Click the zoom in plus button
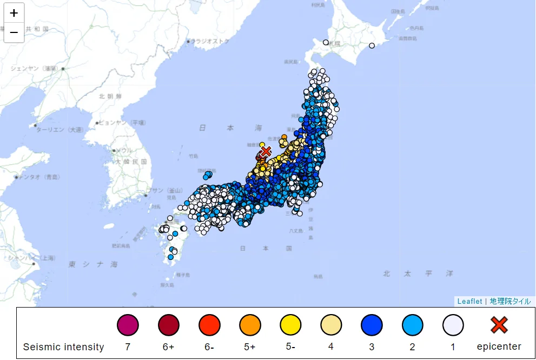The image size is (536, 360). click(14, 13)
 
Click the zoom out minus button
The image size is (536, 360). click(14, 32)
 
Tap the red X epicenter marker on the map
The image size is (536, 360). click(265, 151)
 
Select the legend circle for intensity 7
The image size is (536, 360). click(128, 325)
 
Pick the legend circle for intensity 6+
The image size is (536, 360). click(169, 325)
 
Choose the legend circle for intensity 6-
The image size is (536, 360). click(209, 325)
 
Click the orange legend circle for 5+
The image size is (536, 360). click(250, 325)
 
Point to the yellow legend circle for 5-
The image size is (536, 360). click(290, 325)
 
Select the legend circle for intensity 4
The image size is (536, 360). click(331, 325)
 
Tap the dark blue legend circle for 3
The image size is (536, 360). click(372, 325)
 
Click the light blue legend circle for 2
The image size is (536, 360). click(413, 325)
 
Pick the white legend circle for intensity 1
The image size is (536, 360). click(453, 325)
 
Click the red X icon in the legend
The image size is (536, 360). click(499, 325)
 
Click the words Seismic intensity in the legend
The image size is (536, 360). click(63, 347)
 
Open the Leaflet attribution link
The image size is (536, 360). click(469, 301)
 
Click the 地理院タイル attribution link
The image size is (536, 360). click(510, 301)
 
